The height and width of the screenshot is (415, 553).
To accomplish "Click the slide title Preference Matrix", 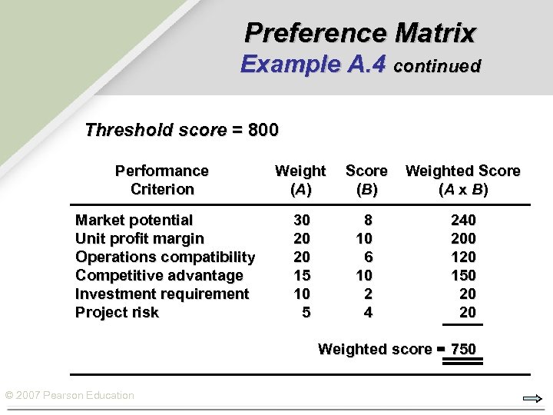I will coord(360,33).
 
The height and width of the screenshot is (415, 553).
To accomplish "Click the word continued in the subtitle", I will coord(437,66).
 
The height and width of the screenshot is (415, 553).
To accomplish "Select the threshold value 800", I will coord(263,130).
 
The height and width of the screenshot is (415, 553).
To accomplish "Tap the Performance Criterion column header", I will coord(162,180).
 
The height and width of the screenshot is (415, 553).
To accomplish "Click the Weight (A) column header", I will coord(300,180).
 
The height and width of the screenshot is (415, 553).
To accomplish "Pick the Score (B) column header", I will coord(366,180).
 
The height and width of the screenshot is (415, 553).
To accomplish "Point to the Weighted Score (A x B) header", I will coord(463,180).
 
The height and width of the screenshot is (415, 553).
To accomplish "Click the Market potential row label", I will coord(134,221).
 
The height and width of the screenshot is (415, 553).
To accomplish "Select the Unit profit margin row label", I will coord(140,239).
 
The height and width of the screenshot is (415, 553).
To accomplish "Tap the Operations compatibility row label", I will coord(165,257).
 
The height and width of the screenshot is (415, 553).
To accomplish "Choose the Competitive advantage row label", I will coord(159,276).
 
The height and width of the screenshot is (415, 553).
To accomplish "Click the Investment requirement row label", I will coord(162,294).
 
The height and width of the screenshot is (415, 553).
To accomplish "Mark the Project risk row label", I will coord(117,313).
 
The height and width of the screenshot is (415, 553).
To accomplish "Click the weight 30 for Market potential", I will coord(302,221).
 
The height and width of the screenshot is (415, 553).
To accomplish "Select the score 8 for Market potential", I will coord(368,221).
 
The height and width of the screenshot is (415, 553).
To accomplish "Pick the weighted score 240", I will coord(463,221).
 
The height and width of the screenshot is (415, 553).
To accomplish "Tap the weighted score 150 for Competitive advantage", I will coord(463,276).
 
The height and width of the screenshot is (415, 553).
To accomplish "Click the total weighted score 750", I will coord(463,350).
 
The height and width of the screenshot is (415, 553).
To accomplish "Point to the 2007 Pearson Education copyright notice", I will coord(70,396).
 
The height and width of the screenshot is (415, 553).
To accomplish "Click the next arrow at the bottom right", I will coord(532,399).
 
